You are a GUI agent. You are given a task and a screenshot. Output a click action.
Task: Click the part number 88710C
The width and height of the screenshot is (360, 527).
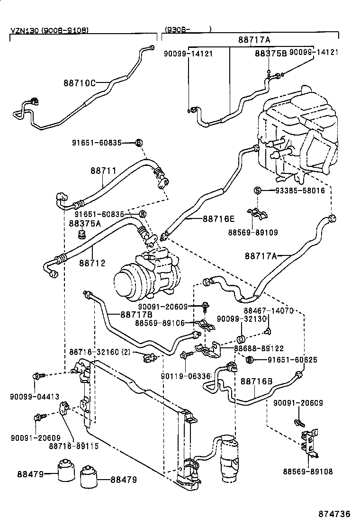(x=79, y=83)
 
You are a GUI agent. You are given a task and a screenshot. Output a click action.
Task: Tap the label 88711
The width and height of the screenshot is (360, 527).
(x=103, y=170)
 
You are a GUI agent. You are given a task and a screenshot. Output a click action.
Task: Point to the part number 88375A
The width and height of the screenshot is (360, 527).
(x=85, y=223)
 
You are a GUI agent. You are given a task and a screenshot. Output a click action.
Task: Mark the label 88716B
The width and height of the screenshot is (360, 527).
(x=256, y=381)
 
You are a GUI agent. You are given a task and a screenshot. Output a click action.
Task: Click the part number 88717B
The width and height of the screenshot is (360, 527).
(x=136, y=313)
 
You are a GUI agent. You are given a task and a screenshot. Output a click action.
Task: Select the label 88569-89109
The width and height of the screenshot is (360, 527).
(x=252, y=232)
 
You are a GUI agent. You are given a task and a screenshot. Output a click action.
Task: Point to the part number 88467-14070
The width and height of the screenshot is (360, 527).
(x=269, y=311)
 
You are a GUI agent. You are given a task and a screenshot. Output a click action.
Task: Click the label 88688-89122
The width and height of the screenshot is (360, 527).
(x=259, y=347)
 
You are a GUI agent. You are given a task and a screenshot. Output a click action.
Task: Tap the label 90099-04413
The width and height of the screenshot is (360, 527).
(x=28, y=396)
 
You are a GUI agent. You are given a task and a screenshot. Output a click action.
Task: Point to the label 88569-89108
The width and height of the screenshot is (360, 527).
(x=308, y=472)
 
